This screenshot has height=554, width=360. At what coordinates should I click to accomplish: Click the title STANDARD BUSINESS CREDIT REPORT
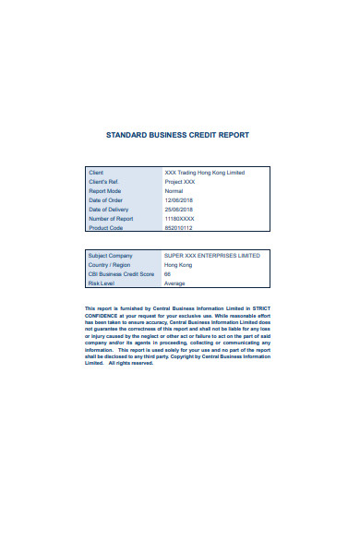tap(178, 135)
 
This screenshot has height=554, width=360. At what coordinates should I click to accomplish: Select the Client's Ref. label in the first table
tap(102, 182)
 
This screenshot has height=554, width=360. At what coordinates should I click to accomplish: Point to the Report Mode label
tap(104, 191)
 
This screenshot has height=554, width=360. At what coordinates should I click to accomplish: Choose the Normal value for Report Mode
tap(174, 191)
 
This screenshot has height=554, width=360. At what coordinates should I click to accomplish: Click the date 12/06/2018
tap(178, 200)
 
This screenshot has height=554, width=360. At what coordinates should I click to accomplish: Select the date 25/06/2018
tap(178, 209)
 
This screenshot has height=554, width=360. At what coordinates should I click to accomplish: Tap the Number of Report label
tap(110, 218)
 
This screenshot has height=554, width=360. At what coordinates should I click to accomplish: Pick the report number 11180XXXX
tap(180, 218)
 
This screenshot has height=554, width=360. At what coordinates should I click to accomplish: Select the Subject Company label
tap(110, 255)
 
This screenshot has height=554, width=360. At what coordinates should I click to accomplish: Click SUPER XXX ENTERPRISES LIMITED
tap(211, 255)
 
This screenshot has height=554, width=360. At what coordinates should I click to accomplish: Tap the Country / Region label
tap(110, 265)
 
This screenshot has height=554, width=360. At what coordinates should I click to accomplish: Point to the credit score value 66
tap(167, 274)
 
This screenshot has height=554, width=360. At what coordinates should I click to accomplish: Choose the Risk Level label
tap(101, 283)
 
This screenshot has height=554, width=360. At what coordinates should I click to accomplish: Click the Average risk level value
tap(174, 283)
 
